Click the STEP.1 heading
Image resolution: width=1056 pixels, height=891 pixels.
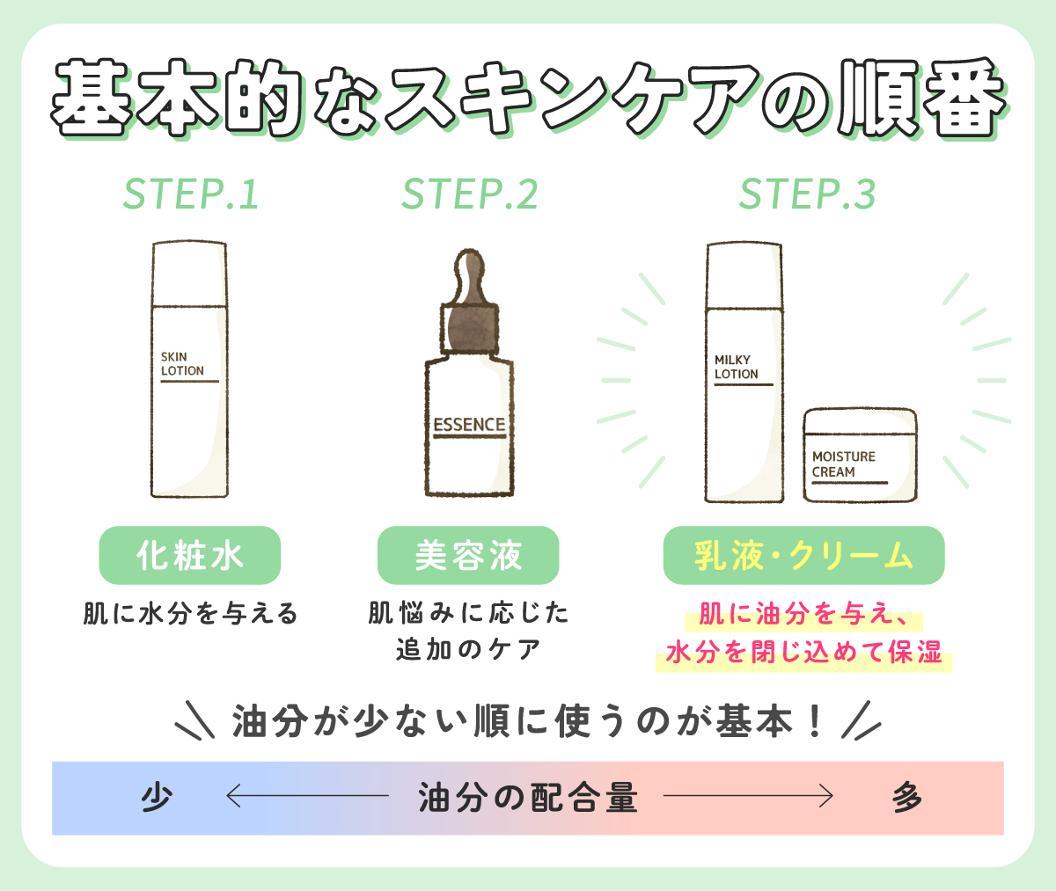point(191,194)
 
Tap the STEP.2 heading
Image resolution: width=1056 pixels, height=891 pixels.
point(469,194)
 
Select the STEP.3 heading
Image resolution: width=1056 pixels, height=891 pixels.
point(807,194)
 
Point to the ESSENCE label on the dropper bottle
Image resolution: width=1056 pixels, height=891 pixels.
point(469,425)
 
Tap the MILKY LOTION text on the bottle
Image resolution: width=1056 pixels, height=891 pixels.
point(736,367)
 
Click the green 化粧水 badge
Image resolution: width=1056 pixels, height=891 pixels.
point(189,555)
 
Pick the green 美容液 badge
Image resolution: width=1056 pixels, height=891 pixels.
point(468,555)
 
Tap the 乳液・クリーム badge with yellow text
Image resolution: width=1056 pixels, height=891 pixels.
point(803,555)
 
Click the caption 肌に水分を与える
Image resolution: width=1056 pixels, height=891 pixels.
point(191,613)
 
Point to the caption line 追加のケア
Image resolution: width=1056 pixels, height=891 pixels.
point(468,650)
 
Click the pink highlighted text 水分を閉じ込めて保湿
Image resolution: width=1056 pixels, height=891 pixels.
point(803,653)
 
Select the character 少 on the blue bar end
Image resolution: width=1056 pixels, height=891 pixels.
point(157,798)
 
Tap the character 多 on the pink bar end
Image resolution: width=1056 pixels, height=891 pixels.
point(906,798)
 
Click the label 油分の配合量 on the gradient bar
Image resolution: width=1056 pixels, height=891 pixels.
point(527,798)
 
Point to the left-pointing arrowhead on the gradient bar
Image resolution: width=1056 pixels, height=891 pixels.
point(232,797)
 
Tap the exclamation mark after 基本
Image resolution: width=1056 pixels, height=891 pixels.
point(814,722)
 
